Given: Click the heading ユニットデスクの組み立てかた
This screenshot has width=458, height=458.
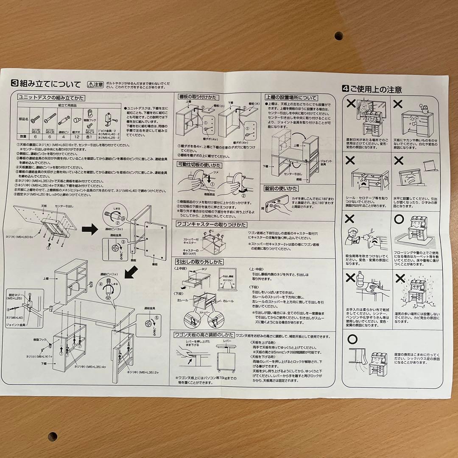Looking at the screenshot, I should coord(51,98).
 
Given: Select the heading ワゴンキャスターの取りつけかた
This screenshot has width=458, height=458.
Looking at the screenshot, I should coord(211,224).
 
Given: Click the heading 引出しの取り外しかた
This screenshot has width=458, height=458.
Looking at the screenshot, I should coord(199,262).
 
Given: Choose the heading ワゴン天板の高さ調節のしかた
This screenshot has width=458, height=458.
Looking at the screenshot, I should coord(204,335).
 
